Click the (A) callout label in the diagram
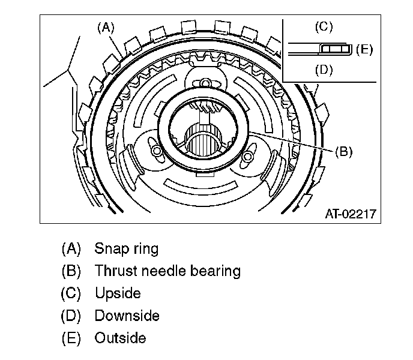point(105,26)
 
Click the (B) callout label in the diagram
point(343,151)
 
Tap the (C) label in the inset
point(323,26)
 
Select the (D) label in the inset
point(323,70)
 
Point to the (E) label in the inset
point(364,49)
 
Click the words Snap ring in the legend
point(127,248)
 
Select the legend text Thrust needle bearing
point(167,271)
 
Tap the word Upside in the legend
point(118,293)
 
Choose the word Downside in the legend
point(127,316)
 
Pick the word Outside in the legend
point(120,338)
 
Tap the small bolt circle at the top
point(205,82)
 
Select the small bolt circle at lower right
point(247,157)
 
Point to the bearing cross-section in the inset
point(333,48)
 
